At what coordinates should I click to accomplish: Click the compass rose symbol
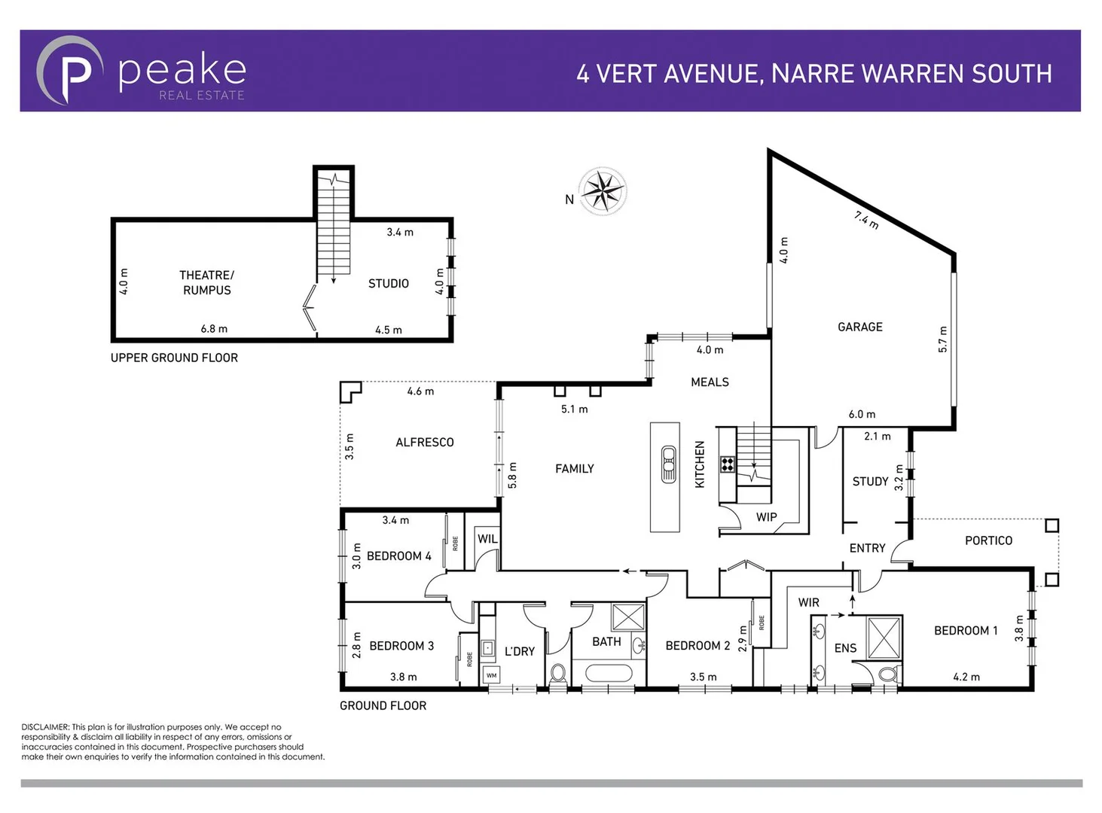click(602, 191)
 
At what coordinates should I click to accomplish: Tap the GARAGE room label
click(859, 327)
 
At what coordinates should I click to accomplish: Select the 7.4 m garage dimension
click(866, 220)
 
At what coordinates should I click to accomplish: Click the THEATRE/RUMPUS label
click(206, 282)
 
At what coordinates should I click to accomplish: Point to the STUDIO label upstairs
click(388, 284)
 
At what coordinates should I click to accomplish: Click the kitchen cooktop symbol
click(727, 464)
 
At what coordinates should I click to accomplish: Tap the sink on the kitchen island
click(667, 464)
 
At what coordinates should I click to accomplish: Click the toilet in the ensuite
click(888, 673)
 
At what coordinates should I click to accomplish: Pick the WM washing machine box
click(491, 675)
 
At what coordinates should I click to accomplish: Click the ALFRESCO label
click(425, 443)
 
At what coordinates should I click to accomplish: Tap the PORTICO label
click(988, 540)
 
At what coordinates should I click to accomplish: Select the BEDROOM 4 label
click(398, 556)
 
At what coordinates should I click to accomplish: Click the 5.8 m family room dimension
click(513, 476)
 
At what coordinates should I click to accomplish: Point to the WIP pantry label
click(766, 517)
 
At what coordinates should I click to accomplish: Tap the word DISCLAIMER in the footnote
click(45, 727)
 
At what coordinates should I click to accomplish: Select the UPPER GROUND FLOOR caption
click(174, 358)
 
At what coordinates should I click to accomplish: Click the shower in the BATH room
click(627, 617)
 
